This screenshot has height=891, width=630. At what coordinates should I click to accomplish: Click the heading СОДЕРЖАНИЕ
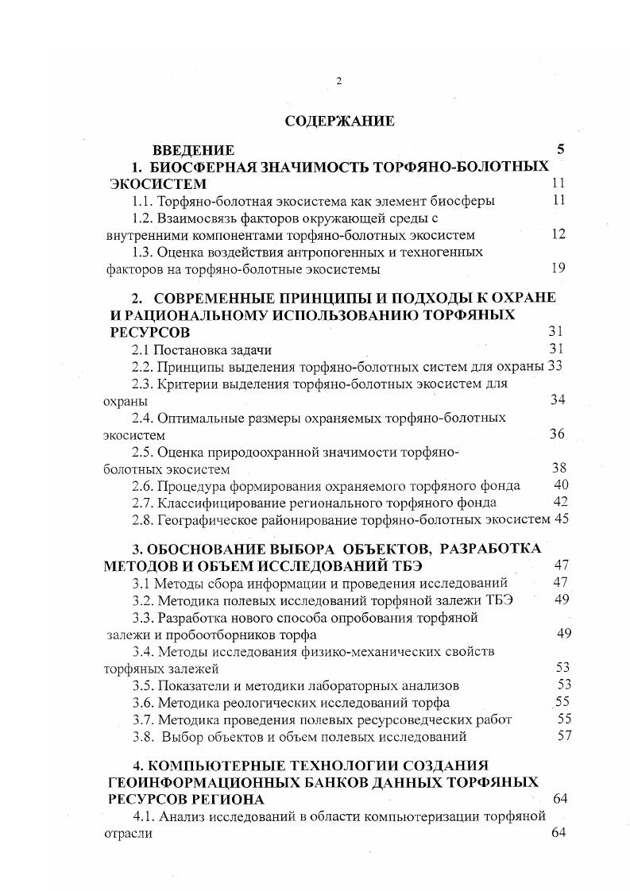click(x=339, y=121)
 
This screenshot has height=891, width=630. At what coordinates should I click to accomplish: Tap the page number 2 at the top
click(x=338, y=81)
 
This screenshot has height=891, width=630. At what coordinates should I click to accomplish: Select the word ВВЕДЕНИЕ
click(x=193, y=150)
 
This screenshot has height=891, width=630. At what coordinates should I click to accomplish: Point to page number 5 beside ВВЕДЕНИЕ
click(x=560, y=149)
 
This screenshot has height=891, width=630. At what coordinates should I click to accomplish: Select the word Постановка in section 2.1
click(x=188, y=349)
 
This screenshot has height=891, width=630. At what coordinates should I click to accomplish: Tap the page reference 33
click(x=555, y=366)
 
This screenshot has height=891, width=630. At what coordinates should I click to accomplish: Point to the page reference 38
click(x=559, y=469)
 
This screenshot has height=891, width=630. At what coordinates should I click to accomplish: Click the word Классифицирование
click(x=218, y=503)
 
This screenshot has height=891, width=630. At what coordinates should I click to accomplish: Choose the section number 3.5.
click(x=144, y=685)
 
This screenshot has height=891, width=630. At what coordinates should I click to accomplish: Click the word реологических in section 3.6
click(x=256, y=702)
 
